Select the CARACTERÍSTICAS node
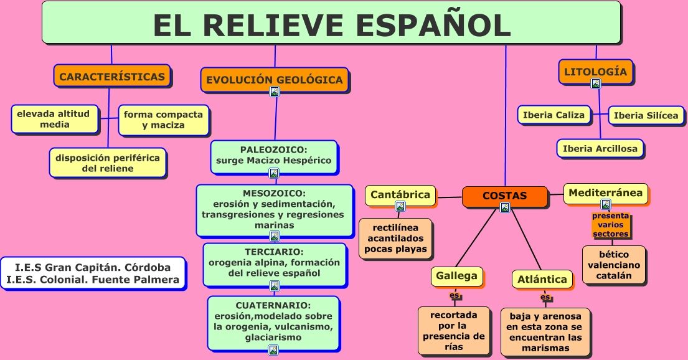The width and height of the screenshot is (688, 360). click(x=112, y=77)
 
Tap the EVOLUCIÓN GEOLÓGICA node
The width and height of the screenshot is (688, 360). click(x=274, y=79)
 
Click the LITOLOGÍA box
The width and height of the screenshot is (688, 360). click(x=595, y=71)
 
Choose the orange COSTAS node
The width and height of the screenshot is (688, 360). click(x=504, y=196)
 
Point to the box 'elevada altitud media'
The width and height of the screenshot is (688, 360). click(x=55, y=119)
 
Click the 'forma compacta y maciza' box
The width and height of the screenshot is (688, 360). click(x=163, y=120)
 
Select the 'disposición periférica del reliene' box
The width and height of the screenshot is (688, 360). click(x=107, y=163)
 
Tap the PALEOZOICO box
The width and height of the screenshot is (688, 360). click(x=274, y=155)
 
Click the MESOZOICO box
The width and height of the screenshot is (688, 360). click(x=274, y=209)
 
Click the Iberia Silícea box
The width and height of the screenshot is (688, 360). click(x=646, y=115)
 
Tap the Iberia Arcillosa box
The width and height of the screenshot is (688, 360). click(x=600, y=148)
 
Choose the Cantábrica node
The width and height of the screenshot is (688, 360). click(x=400, y=194)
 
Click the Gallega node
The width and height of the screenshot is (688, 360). click(x=456, y=275)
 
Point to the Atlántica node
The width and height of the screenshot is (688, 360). click(x=542, y=279)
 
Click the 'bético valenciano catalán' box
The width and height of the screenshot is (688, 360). click(x=614, y=265)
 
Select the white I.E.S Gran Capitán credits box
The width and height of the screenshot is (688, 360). click(x=93, y=273)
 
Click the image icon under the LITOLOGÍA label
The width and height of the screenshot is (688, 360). click(x=595, y=83)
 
